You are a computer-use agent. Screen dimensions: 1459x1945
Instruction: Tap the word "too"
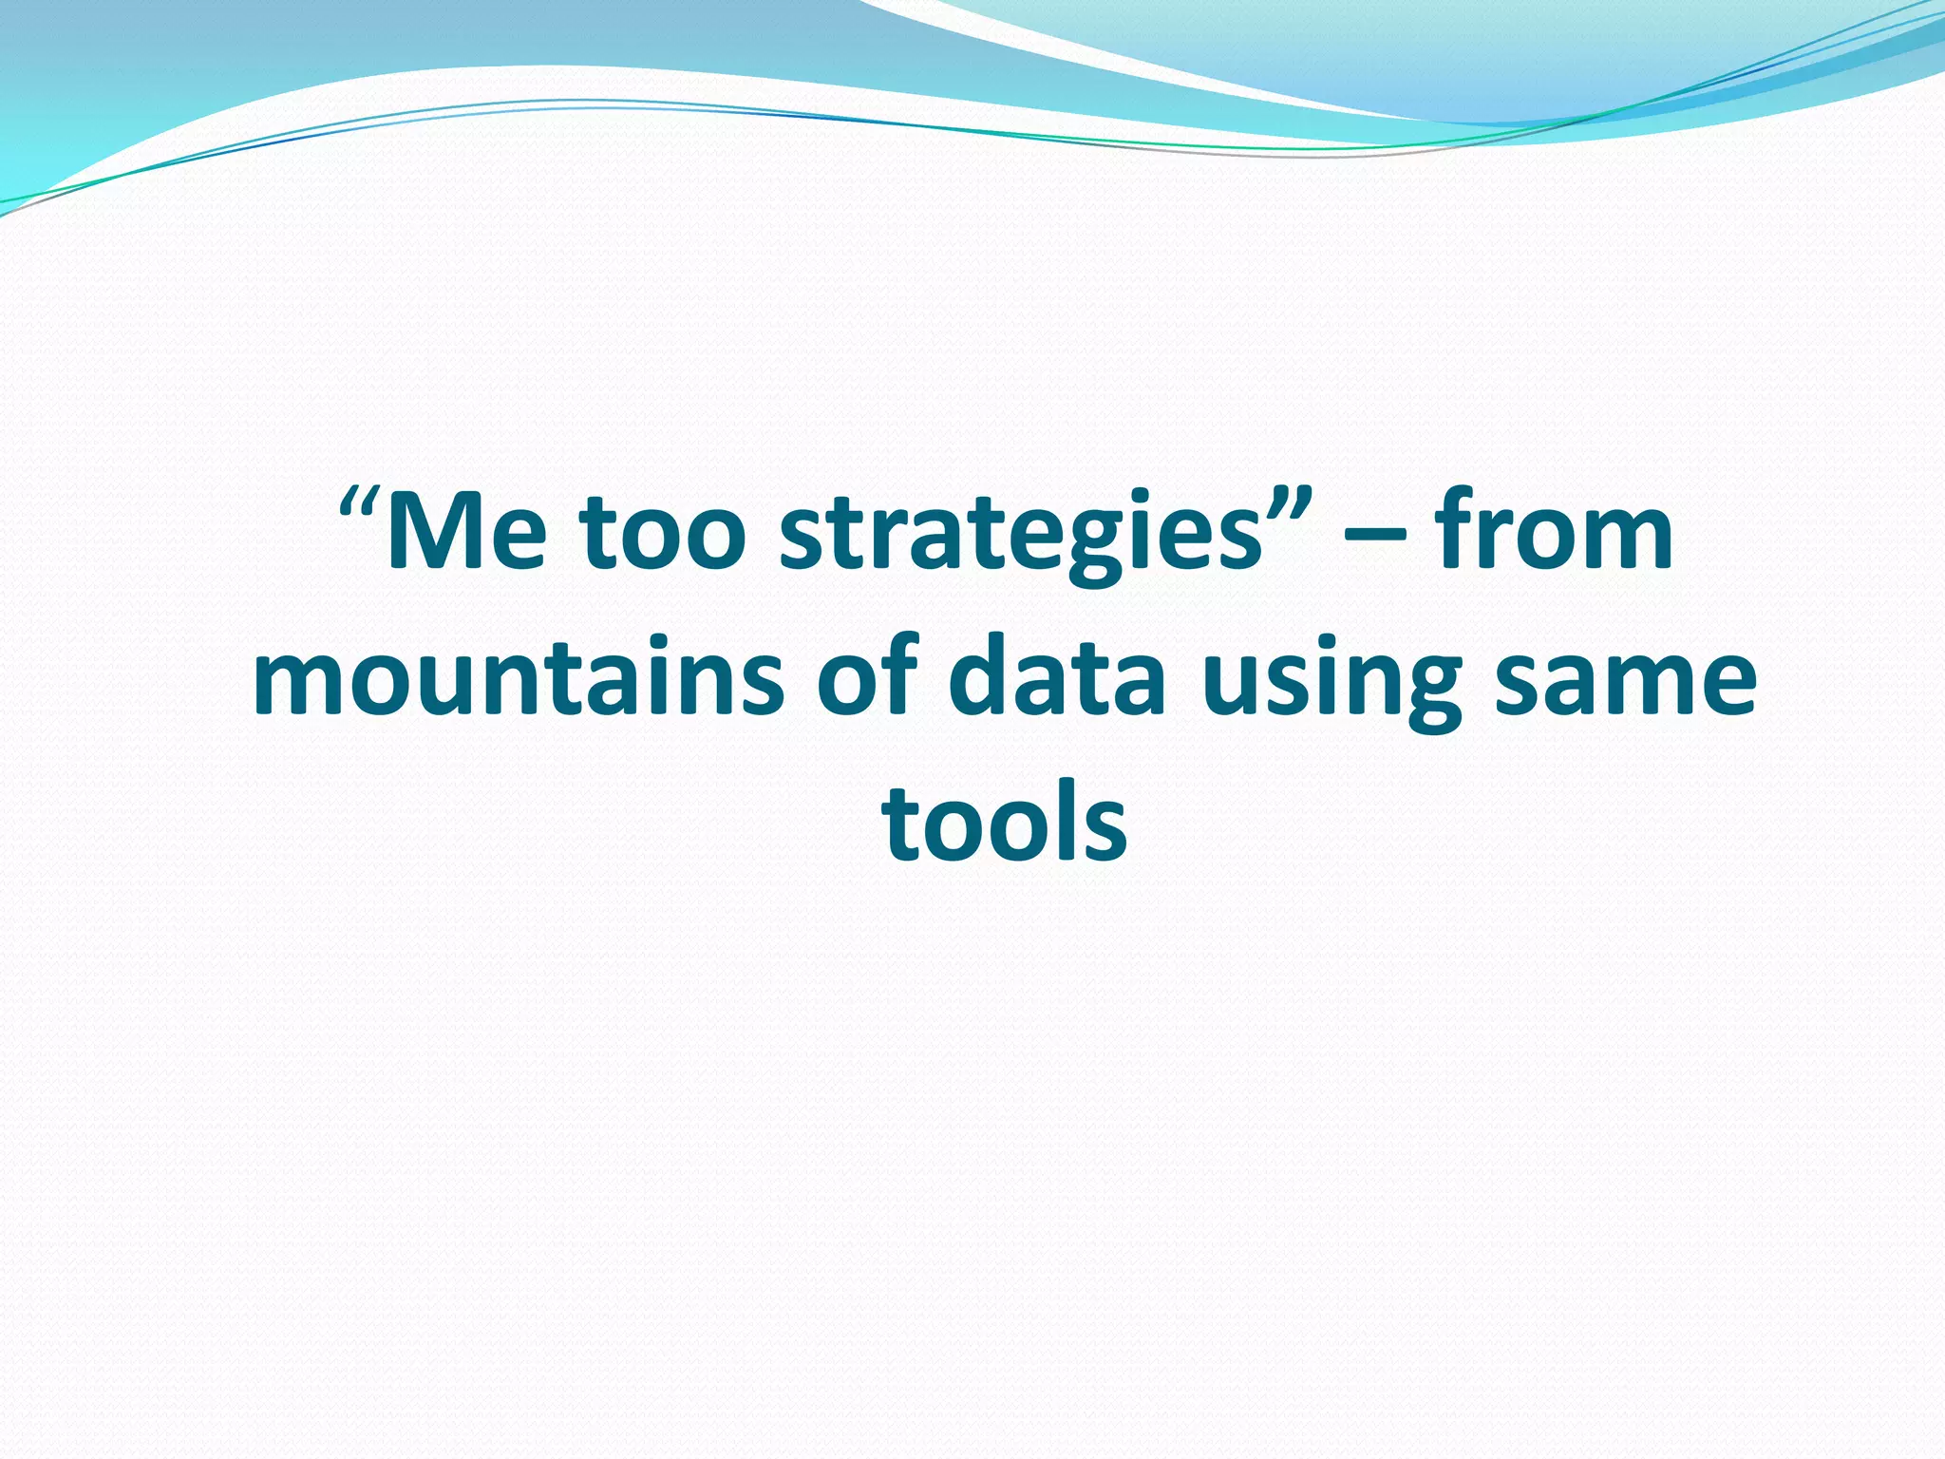(x=661, y=533)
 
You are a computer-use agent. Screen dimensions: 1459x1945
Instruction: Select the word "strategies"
(x=1020, y=538)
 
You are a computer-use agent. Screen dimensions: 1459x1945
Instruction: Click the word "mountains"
(x=519, y=676)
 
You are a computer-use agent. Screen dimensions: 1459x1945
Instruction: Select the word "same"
(x=1625, y=676)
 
